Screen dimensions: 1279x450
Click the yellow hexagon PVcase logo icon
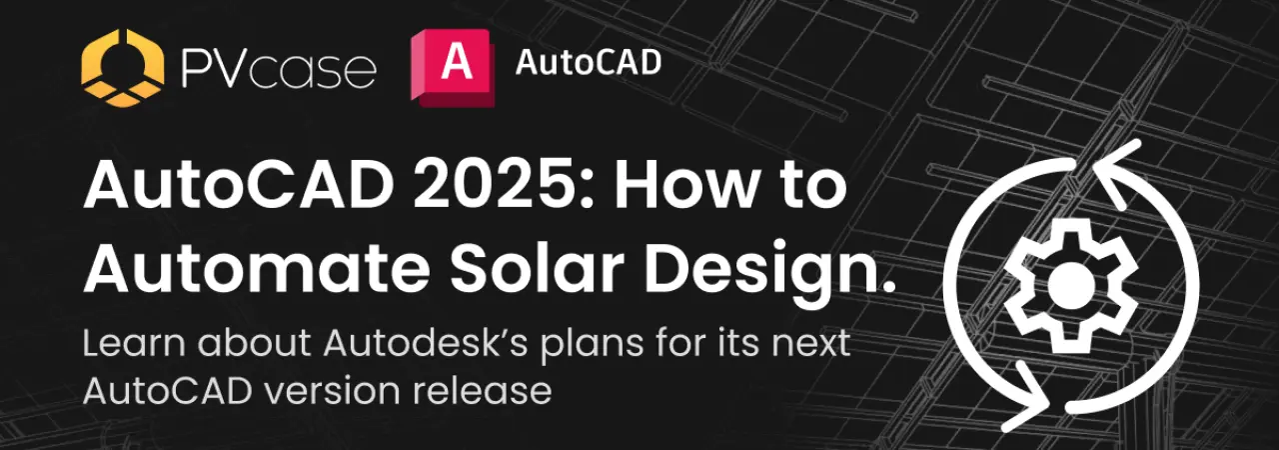123,68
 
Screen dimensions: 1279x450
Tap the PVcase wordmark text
279,69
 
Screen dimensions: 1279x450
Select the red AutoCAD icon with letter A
453,67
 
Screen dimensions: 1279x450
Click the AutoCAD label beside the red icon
589,62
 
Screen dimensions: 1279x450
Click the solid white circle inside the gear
1071,285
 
